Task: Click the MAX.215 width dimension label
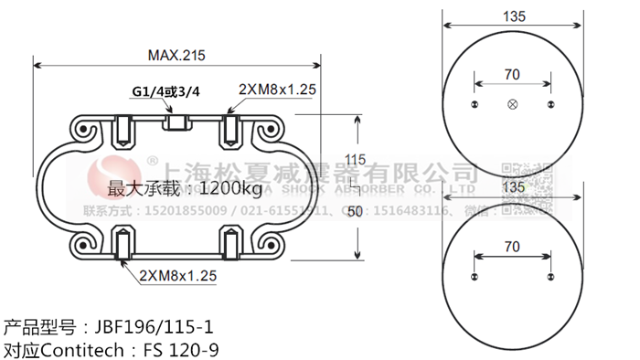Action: click(x=176, y=55)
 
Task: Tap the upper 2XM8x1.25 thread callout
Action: click(x=277, y=89)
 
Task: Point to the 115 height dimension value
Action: click(x=355, y=160)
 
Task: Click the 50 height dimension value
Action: click(x=355, y=212)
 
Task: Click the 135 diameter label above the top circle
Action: click(x=512, y=16)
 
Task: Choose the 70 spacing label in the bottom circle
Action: click(x=512, y=246)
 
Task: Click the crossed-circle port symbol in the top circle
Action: click(x=512, y=106)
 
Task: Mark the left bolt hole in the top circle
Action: click(x=474, y=106)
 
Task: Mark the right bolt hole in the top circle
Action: click(x=550, y=106)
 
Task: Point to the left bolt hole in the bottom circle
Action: click(x=474, y=278)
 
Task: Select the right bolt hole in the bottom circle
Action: click(x=550, y=278)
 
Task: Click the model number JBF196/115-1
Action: click(x=151, y=326)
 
